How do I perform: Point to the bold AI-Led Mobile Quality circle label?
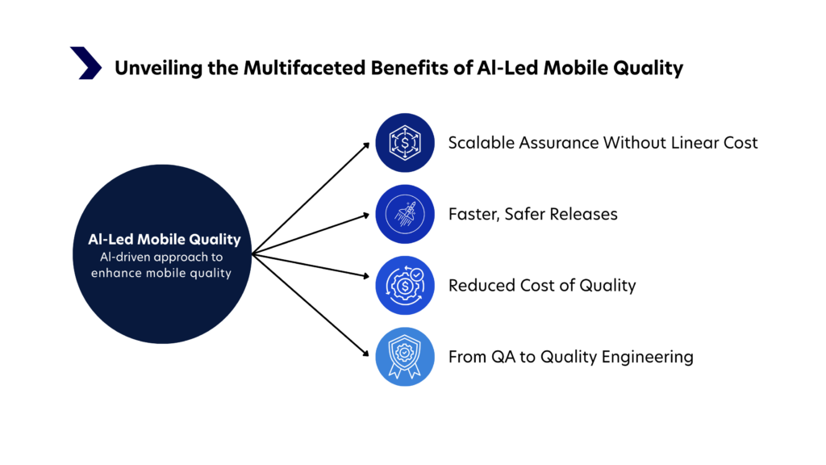pyautogui.click(x=165, y=240)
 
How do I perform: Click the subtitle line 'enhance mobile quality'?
pyautogui.click(x=165, y=272)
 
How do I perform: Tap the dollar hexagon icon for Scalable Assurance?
pyautogui.click(x=405, y=144)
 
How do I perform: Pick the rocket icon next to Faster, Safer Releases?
pyautogui.click(x=405, y=215)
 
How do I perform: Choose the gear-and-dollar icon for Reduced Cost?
pyautogui.click(x=405, y=286)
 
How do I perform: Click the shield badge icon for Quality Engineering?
pyautogui.click(x=405, y=357)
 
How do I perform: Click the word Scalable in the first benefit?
pyautogui.click(x=482, y=143)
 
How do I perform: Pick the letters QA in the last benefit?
pyautogui.click(x=503, y=356)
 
